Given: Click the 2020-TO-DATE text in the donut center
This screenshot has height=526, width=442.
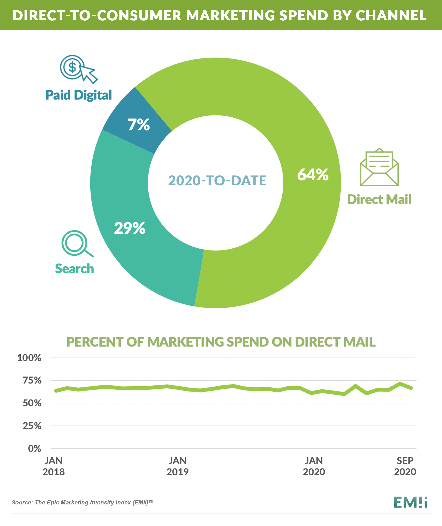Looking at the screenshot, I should pyautogui.click(x=217, y=181).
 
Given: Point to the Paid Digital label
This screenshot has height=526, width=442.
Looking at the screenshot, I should pyautogui.click(x=79, y=95).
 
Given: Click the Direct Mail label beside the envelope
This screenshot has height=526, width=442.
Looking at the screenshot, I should pyautogui.click(x=379, y=200).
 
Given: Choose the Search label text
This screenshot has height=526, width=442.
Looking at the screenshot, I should pyautogui.click(x=74, y=269).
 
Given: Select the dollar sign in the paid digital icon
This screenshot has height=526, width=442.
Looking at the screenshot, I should pyautogui.click(x=72, y=67).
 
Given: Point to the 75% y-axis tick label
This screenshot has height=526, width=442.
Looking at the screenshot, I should pyautogui.click(x=32, y=380).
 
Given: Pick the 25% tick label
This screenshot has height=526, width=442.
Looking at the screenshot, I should pyautogui.click(x=32, y=426).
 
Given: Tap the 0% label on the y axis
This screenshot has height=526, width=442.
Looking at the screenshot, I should pyautogui.click(x=34, y=449).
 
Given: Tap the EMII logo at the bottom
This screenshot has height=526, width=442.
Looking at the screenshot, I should pyautogui.click(x=410, y=502).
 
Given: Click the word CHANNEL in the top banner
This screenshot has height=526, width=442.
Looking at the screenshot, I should pyautogui.click(x=391, y=16).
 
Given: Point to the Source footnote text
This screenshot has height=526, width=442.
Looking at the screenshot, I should pyautogui.click(x=82, y=502).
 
